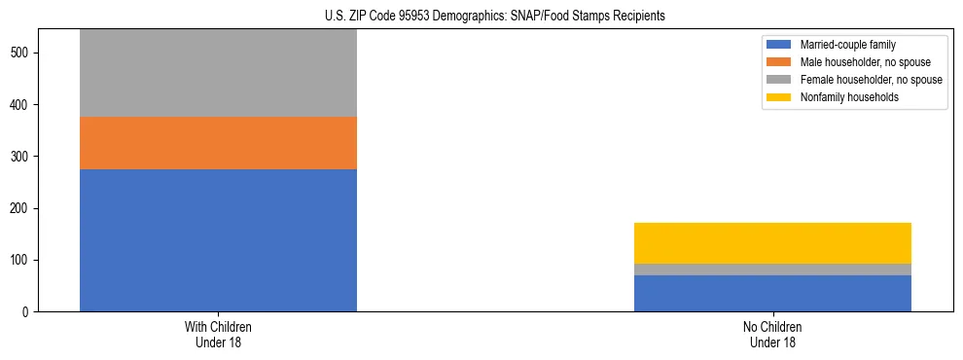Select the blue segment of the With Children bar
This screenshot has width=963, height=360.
(x=218, y=240)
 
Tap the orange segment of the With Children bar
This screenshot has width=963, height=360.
(x=218, y=143)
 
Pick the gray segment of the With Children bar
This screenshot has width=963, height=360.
(x=218, y=73)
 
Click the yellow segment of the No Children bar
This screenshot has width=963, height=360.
(x=772, y=243)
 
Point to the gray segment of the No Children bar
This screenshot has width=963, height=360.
(x=772, y=270)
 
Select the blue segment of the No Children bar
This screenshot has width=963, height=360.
(x=772, y=293)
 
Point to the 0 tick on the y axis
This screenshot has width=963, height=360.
(x=28, y=312)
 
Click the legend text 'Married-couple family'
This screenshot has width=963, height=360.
(x=847, y=45)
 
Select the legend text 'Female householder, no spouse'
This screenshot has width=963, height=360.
(x=871, y=80)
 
